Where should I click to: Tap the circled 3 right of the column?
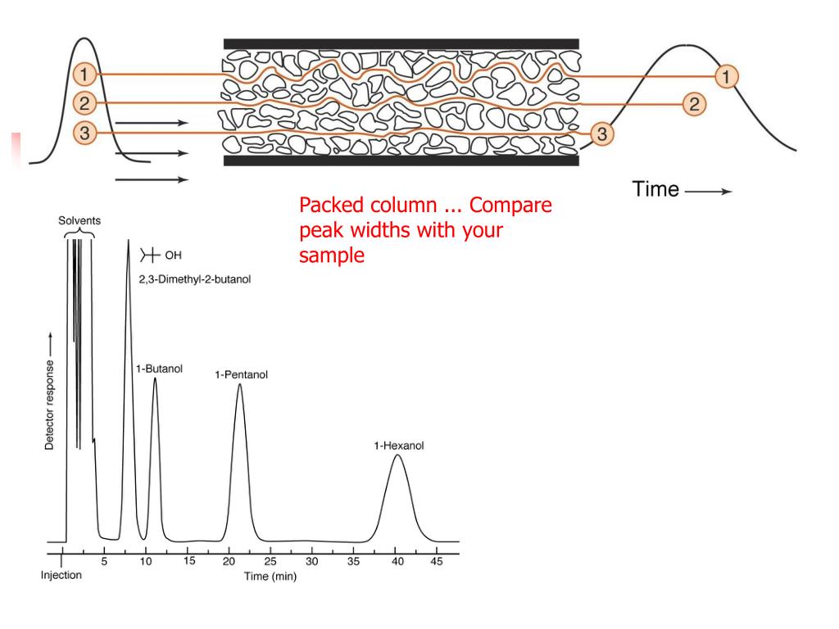601,134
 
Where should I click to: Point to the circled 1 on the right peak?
726,76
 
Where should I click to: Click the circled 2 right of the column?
694,103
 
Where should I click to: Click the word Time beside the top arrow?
655,190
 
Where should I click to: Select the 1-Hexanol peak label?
399,446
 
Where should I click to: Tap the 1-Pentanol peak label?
241,375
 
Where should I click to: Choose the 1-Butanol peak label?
159,369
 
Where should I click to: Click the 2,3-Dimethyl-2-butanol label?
195,279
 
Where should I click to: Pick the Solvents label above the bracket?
79,221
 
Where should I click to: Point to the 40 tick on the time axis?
395,562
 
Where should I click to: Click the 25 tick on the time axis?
270,562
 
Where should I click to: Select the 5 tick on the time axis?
104,562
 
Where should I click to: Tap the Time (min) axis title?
270,577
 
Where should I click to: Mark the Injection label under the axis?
61,575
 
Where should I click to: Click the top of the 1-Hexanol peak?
397,455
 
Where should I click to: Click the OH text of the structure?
173,255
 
